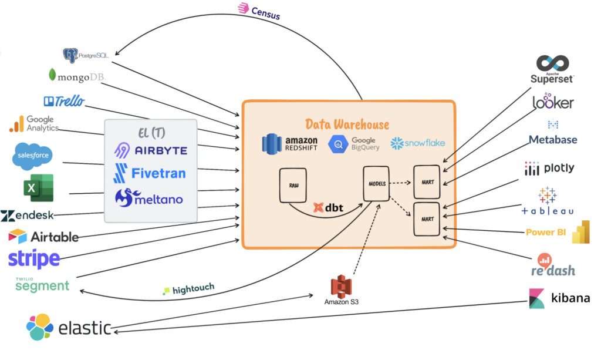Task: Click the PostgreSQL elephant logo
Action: pos(71,55)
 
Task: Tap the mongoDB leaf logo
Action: pos(53,75)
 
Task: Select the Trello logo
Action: pos(64,101)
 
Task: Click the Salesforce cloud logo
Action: pos(33,156)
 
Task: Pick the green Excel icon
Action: pos(38,189)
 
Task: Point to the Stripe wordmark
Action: pos(34,258)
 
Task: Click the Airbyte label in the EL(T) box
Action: pos(151,150)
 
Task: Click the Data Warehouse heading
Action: pos(347,124)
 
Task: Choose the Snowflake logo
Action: pos(418,143)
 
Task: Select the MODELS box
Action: pos(376,183)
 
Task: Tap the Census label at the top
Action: pos(259,11)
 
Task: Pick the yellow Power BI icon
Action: pos(580,232)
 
